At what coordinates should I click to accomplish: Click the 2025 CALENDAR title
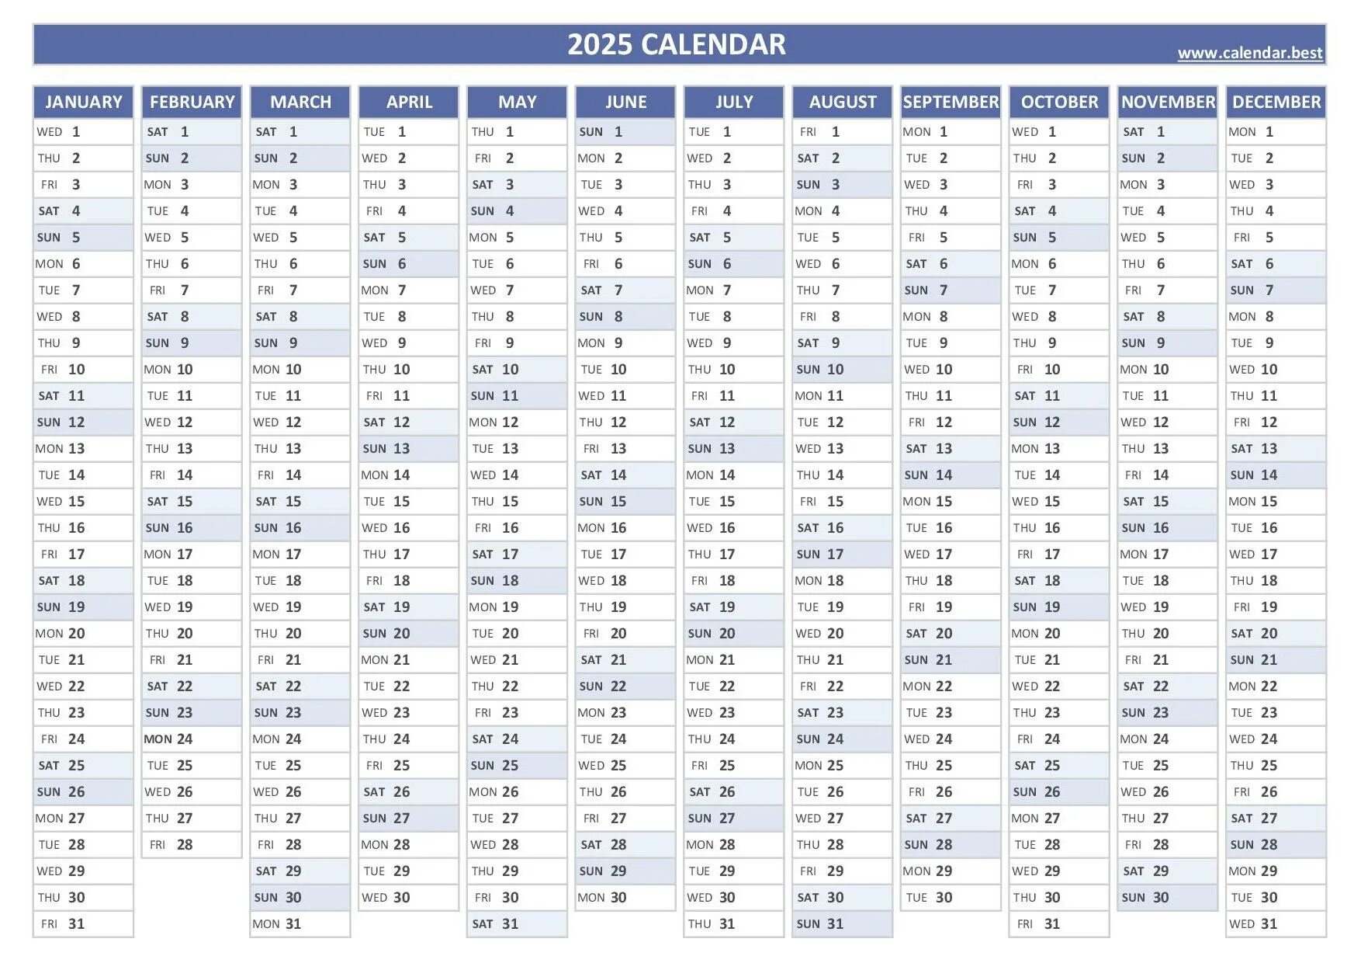[676, 44]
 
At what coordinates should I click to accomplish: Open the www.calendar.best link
[1249, 53]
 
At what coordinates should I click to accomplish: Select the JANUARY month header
[83, 102]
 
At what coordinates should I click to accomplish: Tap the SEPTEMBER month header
[951, 102]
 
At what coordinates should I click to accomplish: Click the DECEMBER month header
[1276, 102]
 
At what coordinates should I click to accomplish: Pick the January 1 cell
[83, 132]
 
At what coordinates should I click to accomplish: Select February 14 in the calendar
[192, 475]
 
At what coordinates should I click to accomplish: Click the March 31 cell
[300, 924]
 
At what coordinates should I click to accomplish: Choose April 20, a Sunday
[408, 634]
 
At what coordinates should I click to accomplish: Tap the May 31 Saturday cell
[517, 924]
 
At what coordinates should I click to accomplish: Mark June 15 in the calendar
[625, 502]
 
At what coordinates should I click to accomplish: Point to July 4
[733, 211]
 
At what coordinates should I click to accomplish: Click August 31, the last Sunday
[842, 924]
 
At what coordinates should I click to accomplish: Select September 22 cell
[951, 687]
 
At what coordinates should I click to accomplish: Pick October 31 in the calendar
[1058, 924]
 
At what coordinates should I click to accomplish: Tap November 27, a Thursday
[1167, 819]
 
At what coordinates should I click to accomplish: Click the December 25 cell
[1276, 766]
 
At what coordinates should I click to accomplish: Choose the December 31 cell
[1276, 924]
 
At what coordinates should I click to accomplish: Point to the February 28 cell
[192, 845]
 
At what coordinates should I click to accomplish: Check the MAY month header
[517, 102]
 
